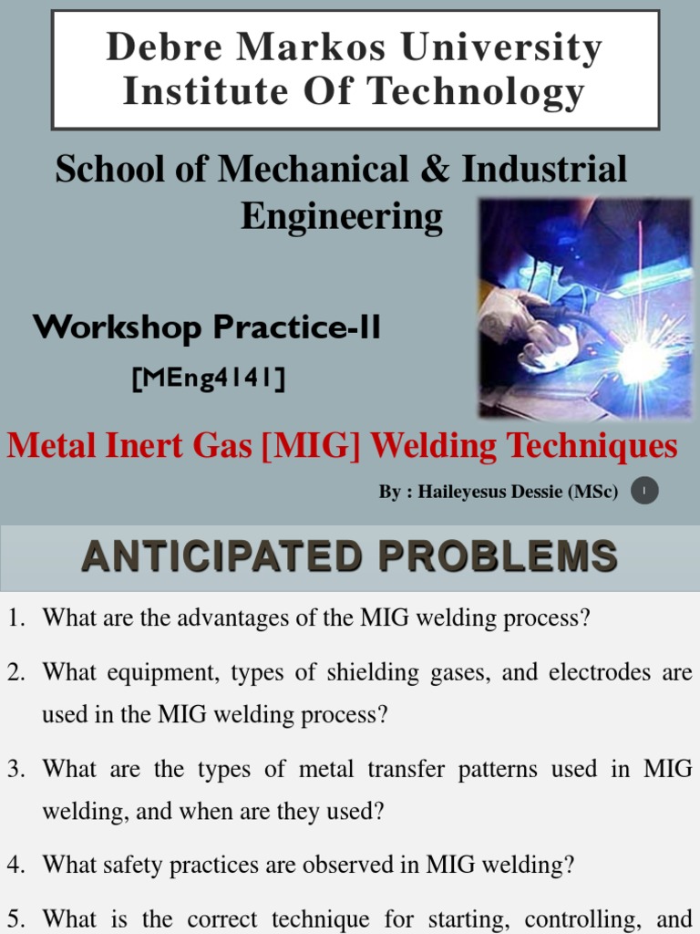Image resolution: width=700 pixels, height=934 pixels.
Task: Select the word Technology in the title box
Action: (484, 91)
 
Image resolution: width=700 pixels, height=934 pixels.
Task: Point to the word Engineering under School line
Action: (342, 216)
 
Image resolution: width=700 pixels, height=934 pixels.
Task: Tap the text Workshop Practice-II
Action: (207, 328)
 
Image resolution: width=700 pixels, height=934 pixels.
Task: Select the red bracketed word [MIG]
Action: (305, 446)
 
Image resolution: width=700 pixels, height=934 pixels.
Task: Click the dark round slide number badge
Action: (644, 493)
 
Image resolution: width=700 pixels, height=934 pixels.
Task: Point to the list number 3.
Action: (15, 769)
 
